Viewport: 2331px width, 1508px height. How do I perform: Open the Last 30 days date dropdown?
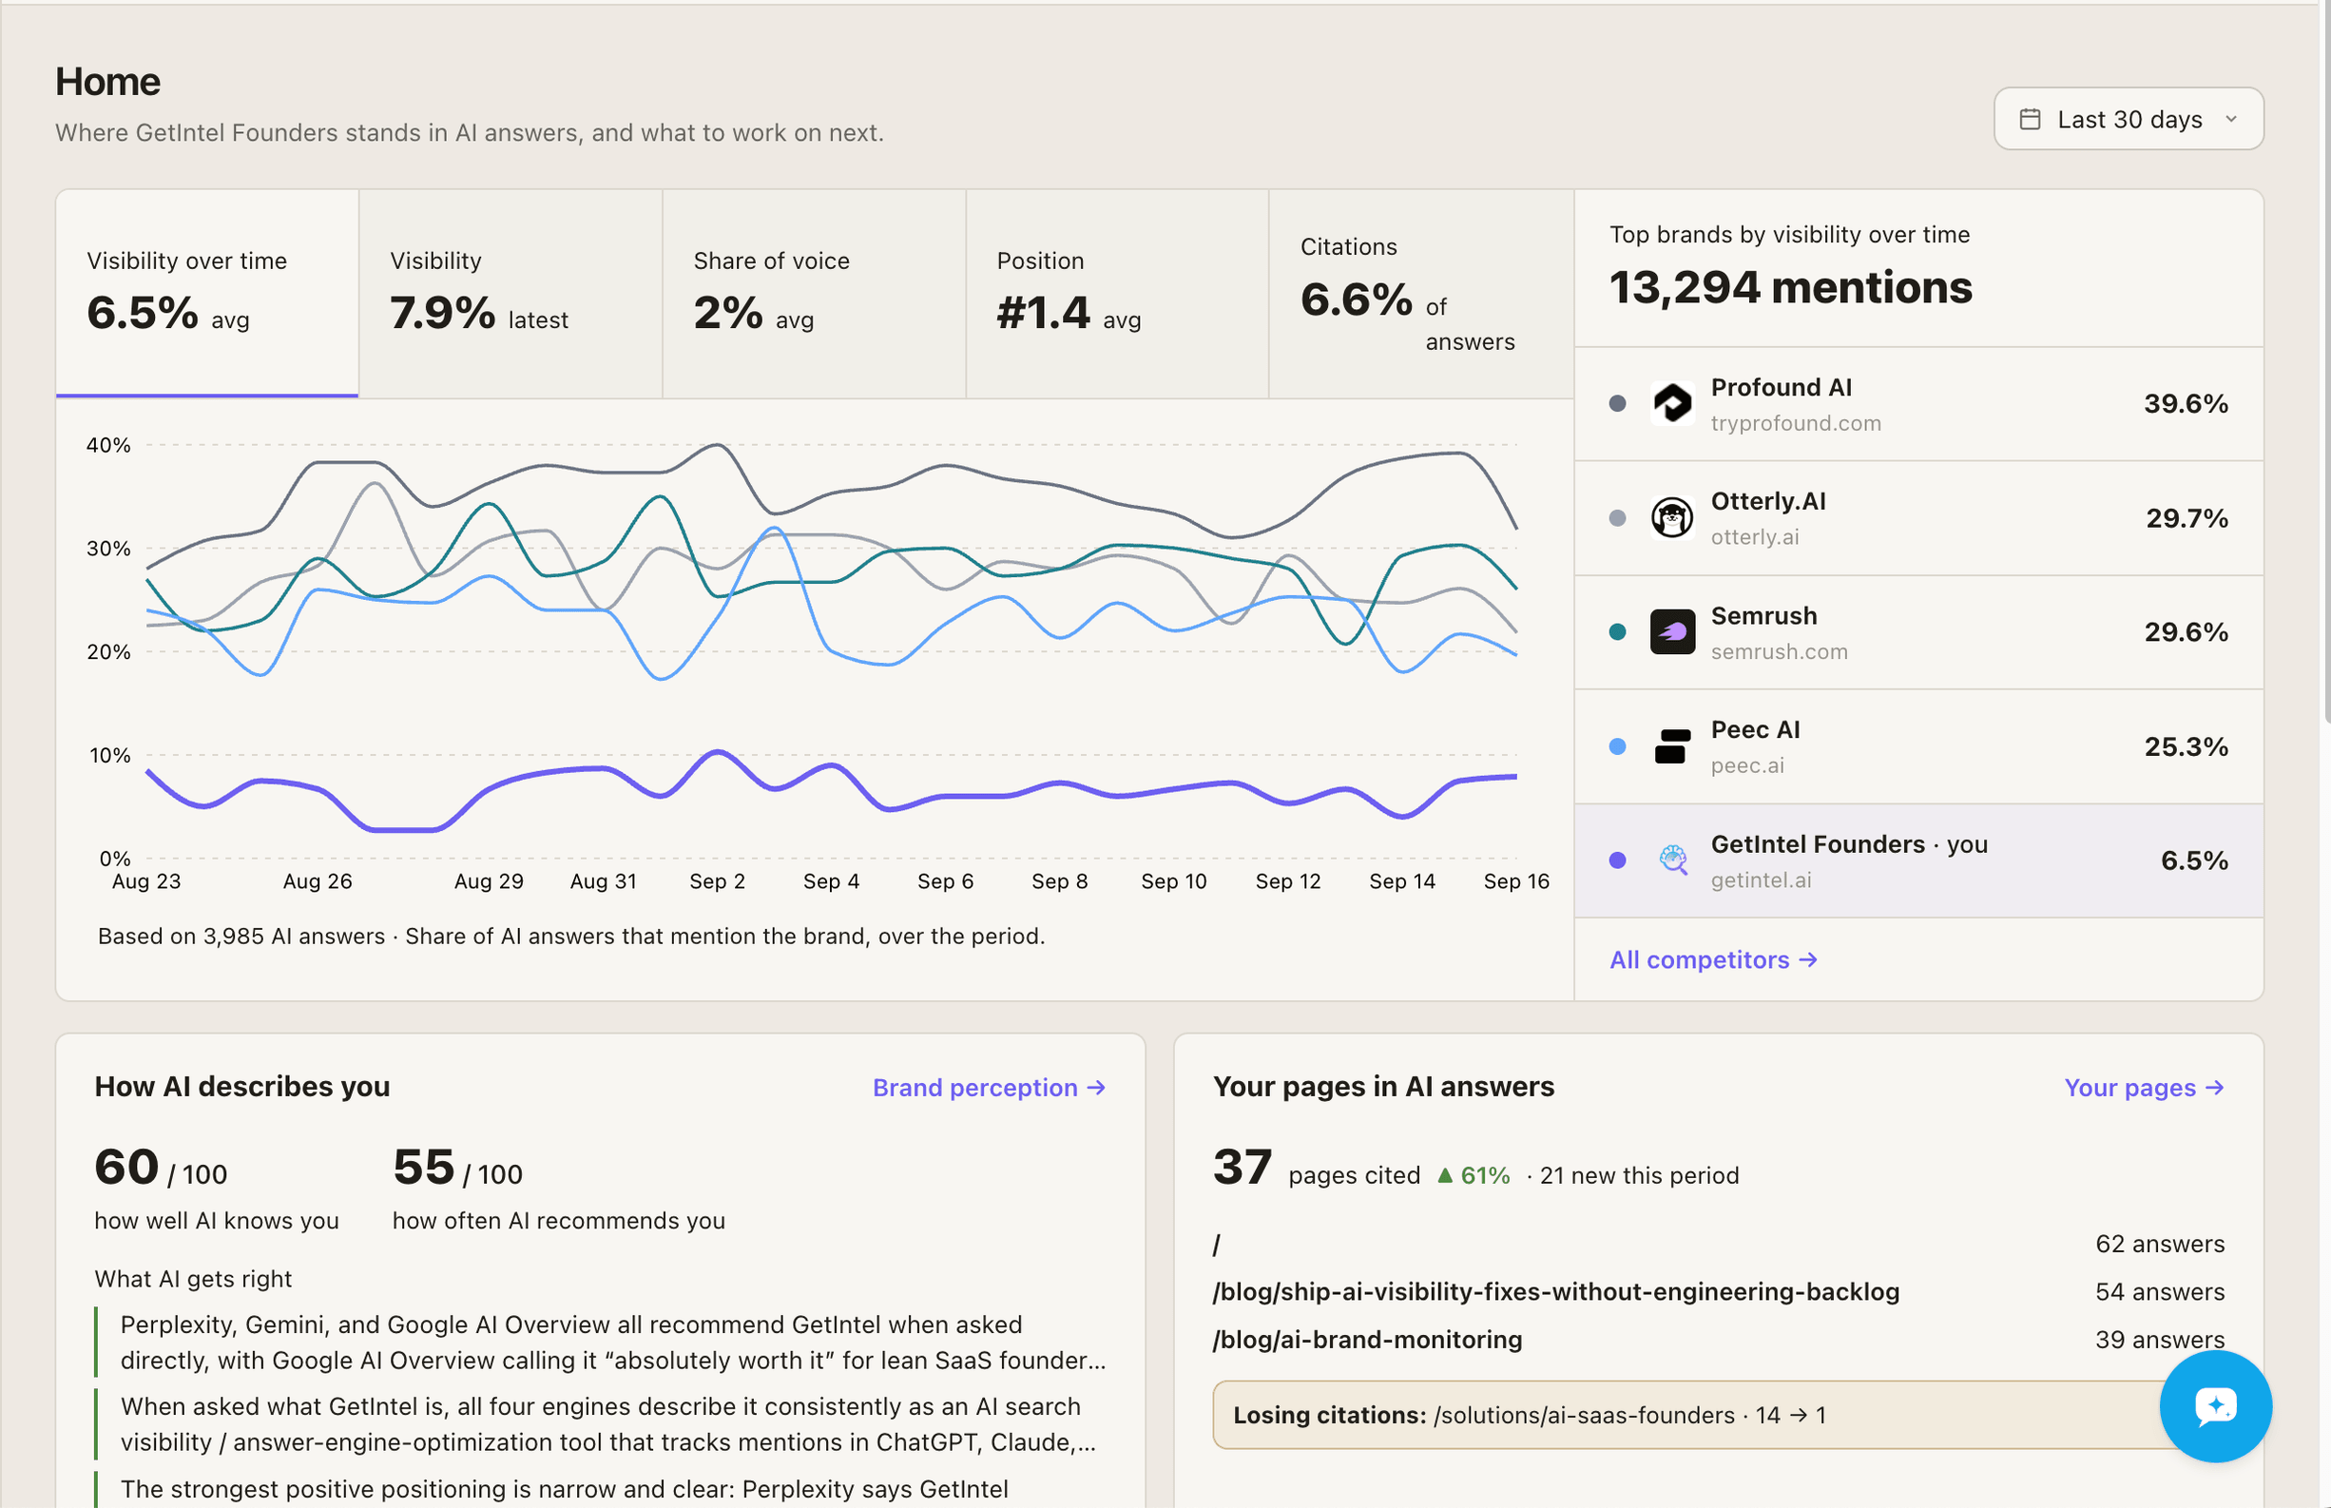pyautogui.click(x=2129, y=119)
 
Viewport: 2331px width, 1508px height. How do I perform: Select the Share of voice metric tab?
pyautogui.click(x=814, y=294)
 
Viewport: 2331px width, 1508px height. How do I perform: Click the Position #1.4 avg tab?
pyautogui.click(x=1117, y=294)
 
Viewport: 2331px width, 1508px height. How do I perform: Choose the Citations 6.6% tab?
pyautogui.click(x=1420, y=294)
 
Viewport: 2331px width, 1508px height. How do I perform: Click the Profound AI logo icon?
pyautogui.click(x=1672, y=403)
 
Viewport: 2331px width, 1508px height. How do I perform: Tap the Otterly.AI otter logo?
pyautogui.click(x=1672, y=517)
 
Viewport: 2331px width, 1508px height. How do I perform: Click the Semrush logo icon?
pyautogui.click(x=1672, y=631)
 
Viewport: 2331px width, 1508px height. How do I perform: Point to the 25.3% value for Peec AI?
pyautogui.click(x=2187, y=746)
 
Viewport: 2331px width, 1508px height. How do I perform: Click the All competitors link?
pyautogui.click(x=1713, y=959)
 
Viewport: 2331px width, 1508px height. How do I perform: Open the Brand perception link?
pyautogui.click(x=989, y=1088)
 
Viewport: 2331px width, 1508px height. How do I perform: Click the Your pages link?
pyautogui.click(x=2144, y=1088)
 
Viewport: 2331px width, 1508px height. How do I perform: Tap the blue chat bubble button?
pyautogui.click(x=2214, y=1406)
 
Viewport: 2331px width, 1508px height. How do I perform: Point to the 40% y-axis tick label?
pyautogui.click(x=107, y=445)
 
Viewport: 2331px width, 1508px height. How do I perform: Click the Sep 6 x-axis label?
pyautogui.click(x=945, y=881)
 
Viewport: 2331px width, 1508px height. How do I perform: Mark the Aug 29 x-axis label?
pyautogui.click(x=489, y=881)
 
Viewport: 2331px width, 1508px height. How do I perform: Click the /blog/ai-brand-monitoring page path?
pyautogui.click(x=1367, y=1340)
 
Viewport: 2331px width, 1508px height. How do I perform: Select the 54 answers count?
pyautogui.click(x=2160, y=1291)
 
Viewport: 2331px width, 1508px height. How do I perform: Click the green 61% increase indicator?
pyautogui.click(x=1474, y=1175)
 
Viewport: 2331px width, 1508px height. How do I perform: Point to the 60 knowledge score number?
pyautogui.click(x=126, y=1168)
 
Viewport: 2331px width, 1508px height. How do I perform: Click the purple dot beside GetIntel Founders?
pyautogui.click(x=1617, y=860)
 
